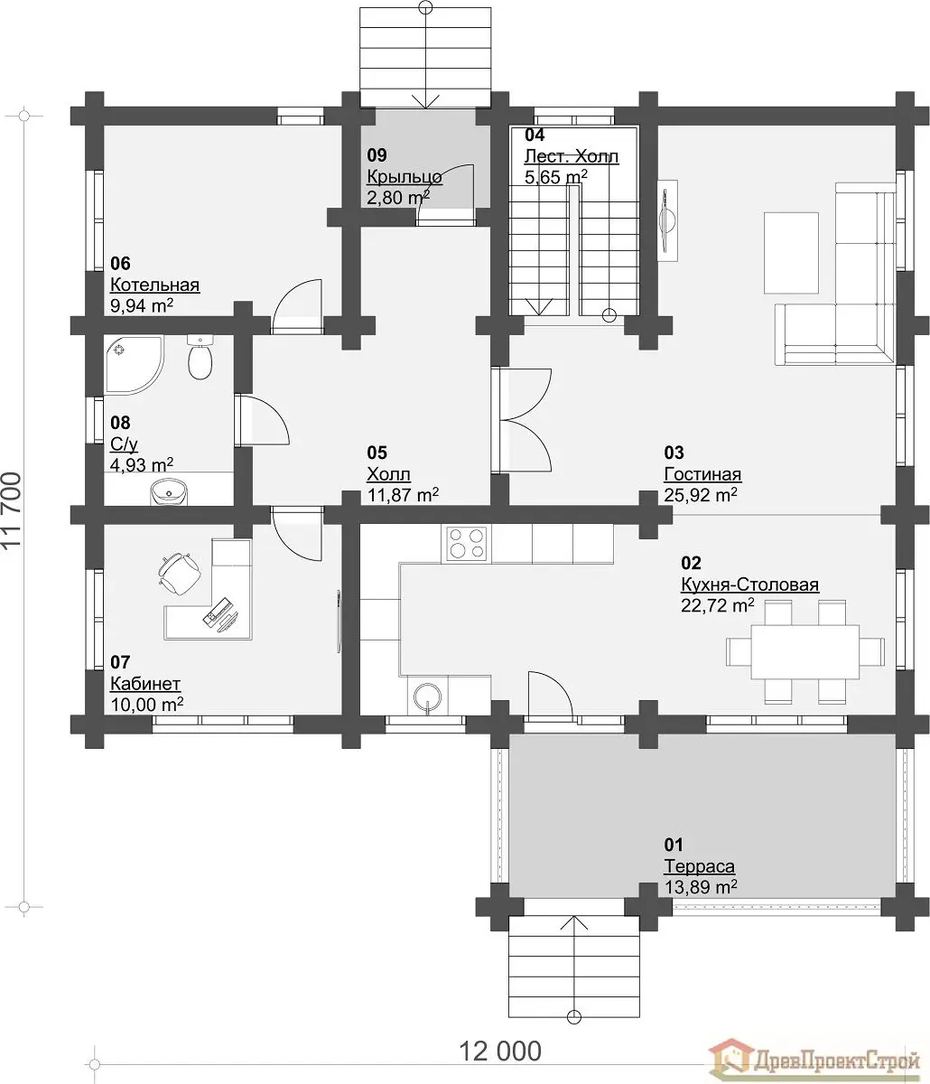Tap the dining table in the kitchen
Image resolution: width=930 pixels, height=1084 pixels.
coord(805,652)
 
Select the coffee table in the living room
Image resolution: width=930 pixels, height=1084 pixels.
coord(791,253)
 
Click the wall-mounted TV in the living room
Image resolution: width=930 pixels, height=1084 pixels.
coord(667,220)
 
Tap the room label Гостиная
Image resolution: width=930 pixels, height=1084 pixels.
coord(702,474)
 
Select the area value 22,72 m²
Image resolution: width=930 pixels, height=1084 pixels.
coord(718,605)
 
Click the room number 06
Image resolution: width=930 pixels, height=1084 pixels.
coord(120,263)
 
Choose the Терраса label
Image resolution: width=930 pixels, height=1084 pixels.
coord(700,866)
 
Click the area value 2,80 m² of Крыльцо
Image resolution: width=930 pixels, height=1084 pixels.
coord(398,198)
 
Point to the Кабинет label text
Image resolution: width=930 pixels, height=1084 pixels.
coord(145,684)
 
